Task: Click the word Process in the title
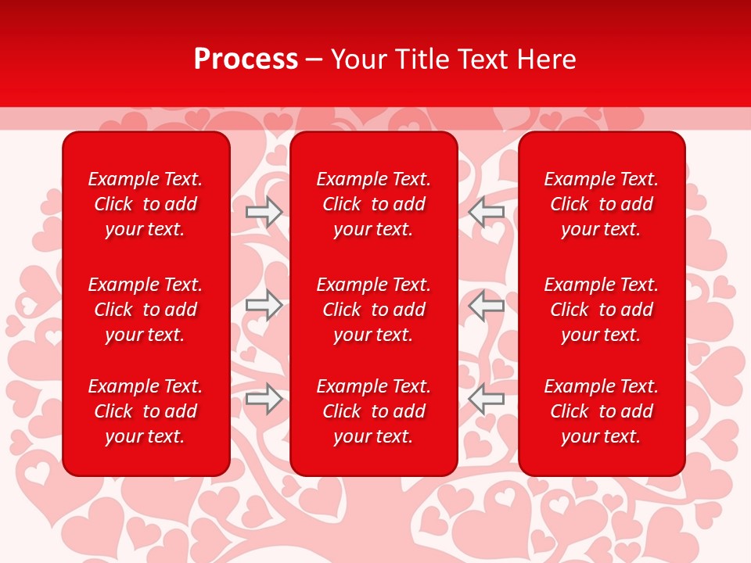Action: coord(246,59)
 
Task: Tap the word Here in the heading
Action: coord(547,59)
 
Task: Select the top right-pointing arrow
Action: coord(264,211)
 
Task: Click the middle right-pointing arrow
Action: coord(264,305)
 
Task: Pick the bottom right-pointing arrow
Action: coord(264,399)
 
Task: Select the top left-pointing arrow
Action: coord(487,211)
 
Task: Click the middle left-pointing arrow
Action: coord(487,305)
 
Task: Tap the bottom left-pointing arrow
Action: coord(487,399)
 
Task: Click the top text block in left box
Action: coord(146,204)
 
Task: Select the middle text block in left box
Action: coord(146,310)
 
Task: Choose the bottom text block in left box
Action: coord(146,411)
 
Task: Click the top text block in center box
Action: coord(374,204)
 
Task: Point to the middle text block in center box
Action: coord(374,310)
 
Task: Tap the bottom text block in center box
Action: coord(374,411)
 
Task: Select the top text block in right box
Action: coord(602,204)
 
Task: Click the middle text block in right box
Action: coord(602,310)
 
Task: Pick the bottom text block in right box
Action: coord(602,411)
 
